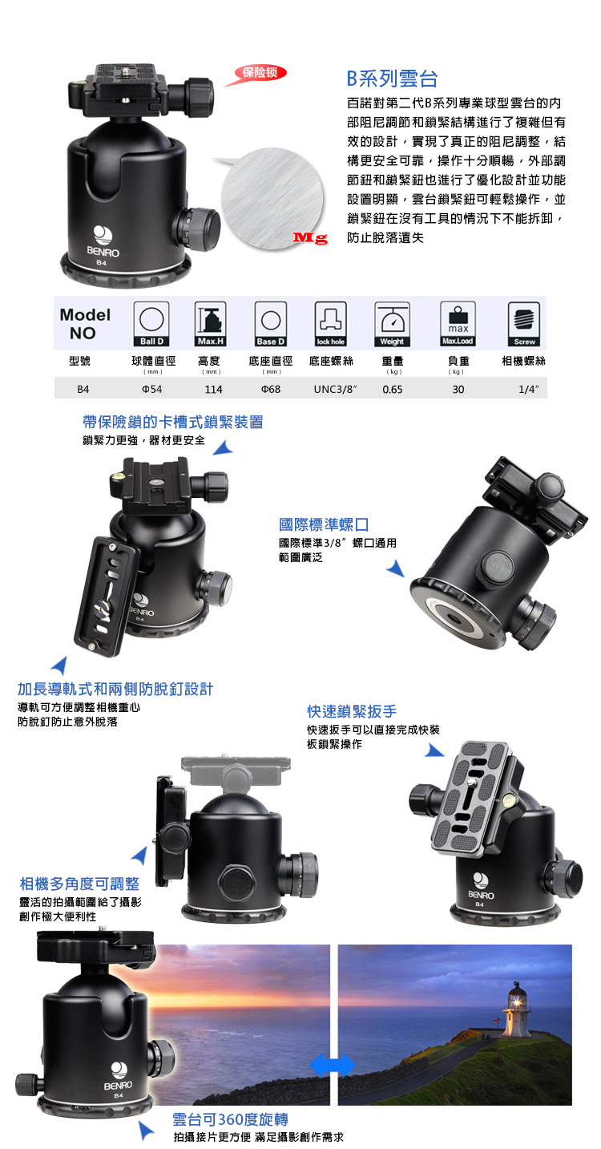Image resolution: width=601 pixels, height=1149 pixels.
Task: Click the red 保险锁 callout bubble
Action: tap(260, 73)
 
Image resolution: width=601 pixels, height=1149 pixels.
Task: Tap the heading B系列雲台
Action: tap(393, 79)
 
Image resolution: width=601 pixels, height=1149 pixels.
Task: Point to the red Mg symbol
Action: tap(310, 237)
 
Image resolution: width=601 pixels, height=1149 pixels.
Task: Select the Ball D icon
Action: tap(151, 324)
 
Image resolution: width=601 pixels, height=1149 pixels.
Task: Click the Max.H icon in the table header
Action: tap(211, 324)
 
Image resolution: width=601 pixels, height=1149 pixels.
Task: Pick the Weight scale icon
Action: tap(393, 324)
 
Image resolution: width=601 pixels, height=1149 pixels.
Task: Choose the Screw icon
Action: tap(524, 324)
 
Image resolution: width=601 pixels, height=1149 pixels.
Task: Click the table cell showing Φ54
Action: tap(152, 390)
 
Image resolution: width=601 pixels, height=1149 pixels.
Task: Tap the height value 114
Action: tap(213, 390)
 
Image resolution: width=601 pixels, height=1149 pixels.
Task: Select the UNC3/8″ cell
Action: tap(336, 390)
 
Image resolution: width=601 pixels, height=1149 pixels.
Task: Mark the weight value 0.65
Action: tap(393, 390)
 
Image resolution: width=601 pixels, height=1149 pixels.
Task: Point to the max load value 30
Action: tap(458, 390)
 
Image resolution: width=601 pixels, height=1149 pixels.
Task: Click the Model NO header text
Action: tap(85, 324)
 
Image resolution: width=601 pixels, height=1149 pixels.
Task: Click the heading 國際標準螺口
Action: tap(324, 524)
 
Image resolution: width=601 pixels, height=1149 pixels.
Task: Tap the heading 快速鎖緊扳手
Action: tap(352, 711)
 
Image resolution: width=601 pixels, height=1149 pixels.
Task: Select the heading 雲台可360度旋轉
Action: tap(230, 1119)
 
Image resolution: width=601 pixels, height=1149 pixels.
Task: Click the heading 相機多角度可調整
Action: tap(79, 884)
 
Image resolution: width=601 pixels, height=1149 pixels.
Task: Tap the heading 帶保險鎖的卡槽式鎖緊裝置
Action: tap(173, 422)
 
